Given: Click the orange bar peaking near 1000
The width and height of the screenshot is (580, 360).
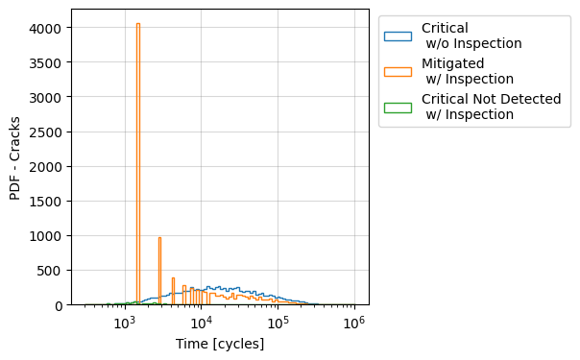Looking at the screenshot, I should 159,269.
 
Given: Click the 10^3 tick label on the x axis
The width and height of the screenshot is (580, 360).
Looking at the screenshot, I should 124,324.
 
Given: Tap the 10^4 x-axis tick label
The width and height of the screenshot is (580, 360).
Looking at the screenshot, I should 201,324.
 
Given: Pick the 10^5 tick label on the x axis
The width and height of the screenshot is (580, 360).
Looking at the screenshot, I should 278,324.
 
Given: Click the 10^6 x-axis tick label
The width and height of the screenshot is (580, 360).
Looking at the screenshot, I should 354,324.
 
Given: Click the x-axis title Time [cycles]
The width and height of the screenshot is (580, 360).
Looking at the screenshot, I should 220,344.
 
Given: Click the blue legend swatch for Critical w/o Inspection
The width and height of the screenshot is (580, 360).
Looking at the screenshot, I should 398,36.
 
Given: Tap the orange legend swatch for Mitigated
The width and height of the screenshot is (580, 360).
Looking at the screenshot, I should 398,71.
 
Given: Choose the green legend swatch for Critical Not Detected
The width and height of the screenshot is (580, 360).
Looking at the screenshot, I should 398,107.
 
